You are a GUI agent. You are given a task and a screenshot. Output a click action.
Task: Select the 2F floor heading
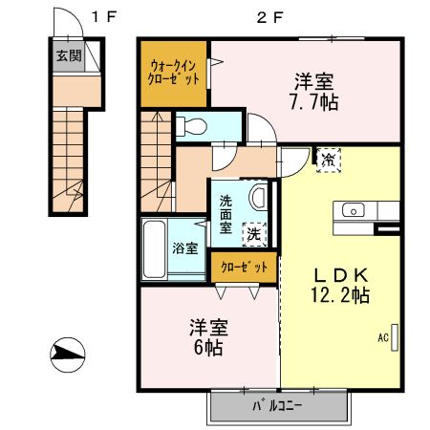pyautogui.click(x=261, y=16)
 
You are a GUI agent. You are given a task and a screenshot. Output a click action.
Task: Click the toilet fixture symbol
pyautogui.click(x=191, y=125)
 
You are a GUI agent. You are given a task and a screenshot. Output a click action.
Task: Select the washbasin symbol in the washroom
pyautogui.click(x=257, y=198)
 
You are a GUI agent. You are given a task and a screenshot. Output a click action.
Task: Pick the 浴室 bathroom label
pyautogui.click(x=184, y=248)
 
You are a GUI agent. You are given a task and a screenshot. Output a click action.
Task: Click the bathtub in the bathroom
pyautogui.click(x=156, y=247)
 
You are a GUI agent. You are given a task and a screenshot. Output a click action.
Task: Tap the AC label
pyautogui.click(x=381, y=337)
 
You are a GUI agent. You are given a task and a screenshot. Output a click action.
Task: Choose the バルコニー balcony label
pyautogui.click(x=278, y=405)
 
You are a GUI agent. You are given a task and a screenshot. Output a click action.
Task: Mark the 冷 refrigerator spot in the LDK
pyautogui.click(x=329, y=159)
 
